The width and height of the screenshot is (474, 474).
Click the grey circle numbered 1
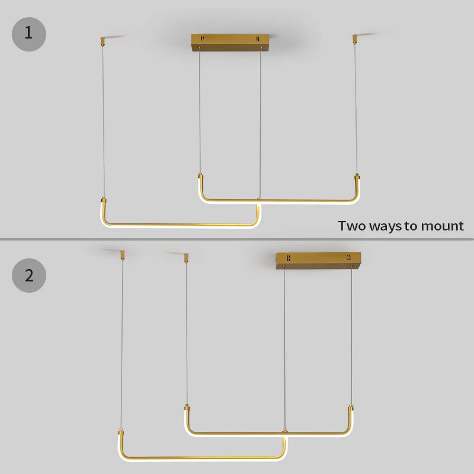point(29,34)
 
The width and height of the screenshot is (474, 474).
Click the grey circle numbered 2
point(29,276)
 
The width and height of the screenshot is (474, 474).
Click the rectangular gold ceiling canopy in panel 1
point(230,42)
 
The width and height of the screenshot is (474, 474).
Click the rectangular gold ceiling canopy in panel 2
point(318,261)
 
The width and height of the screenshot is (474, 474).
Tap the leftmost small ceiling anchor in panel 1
point(103,41)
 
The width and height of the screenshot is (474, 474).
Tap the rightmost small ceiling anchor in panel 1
point(354,40)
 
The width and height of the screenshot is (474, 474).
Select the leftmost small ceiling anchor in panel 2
point(123,255)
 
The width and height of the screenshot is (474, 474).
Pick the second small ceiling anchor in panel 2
point(186,258)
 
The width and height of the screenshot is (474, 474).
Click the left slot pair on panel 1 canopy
point(202,39)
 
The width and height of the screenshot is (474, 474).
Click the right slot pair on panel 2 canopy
point(349,257)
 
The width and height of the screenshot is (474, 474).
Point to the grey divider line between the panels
point(237,239)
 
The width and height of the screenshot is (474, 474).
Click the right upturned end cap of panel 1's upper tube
point(357,177)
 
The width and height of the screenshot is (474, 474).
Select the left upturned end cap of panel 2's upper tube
point(187,408)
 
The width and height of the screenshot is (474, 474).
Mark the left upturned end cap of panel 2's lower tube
point(121,433)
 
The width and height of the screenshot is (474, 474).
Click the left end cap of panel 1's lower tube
point(103,200)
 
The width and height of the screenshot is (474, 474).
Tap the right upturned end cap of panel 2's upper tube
point(351,408)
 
